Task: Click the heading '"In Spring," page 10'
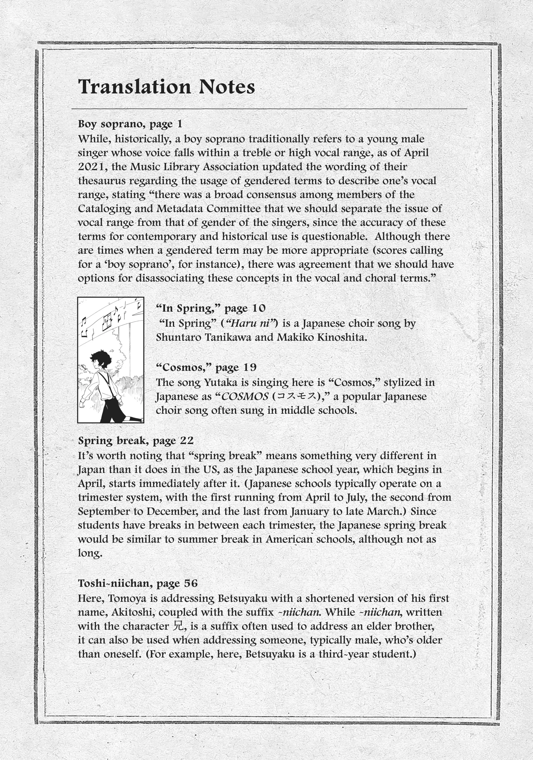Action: pos(211,308)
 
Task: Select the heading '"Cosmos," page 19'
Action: pos(206,367)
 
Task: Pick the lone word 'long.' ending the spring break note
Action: pos(90,553)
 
